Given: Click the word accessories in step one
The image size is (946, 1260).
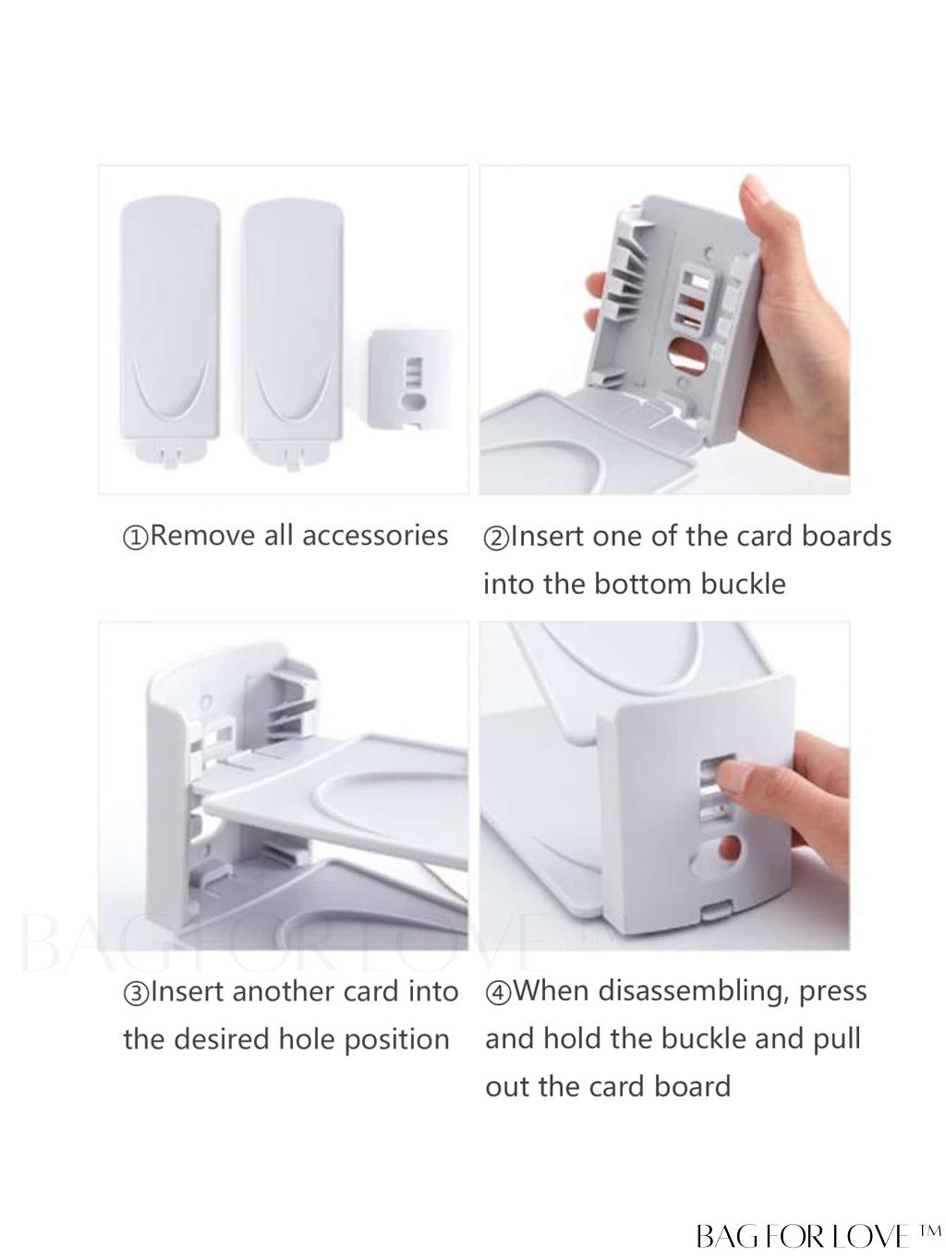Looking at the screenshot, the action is tap(375, 536).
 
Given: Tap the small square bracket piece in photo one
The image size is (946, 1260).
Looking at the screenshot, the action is tap(410, 379).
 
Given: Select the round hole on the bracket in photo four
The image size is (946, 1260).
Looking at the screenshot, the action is tap(729, 847).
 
